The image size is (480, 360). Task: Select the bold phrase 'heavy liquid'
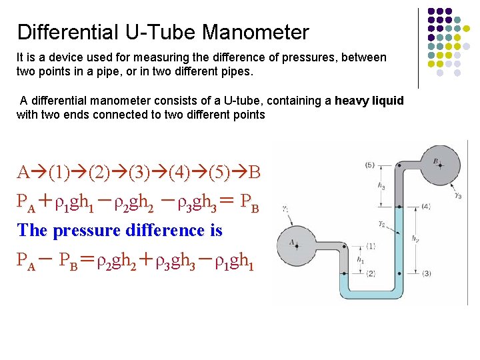[x=369, y=101]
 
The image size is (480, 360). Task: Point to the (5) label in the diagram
[x=370, y=165]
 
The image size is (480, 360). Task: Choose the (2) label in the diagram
[x=370, y=273]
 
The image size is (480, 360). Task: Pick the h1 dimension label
[x=361, y=259]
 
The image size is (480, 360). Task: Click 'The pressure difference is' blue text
[x=119, y=231]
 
